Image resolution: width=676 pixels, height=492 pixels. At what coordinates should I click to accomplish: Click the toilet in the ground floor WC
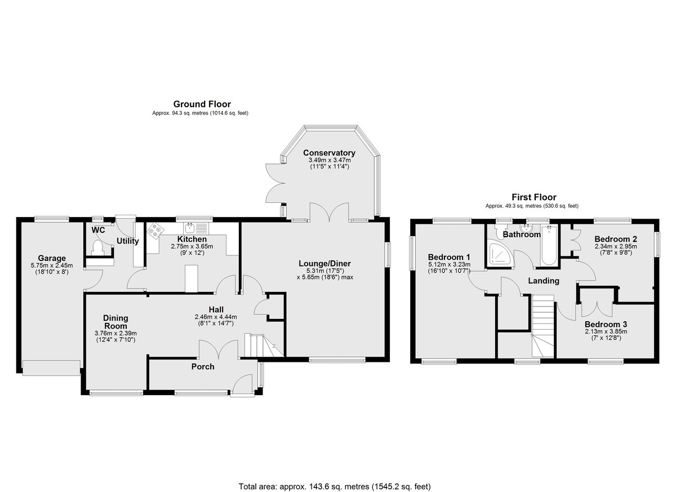pyautogui.click(x=97, y=247)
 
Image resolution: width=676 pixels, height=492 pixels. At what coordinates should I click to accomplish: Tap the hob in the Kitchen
pyautogui.click(x=155, y=231)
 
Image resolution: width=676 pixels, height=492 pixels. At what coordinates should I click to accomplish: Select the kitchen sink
pyautogui.click(x=196, y=228)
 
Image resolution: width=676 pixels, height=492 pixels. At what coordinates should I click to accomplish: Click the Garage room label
pyautogui.click(x=52, y=258)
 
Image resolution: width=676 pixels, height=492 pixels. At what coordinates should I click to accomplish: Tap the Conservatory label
pyautogui.click(x=329, y=153)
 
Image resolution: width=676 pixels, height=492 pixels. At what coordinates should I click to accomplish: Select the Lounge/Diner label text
pyautogui.click(x=324, y=264)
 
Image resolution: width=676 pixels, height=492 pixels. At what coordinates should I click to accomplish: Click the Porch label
pyautogui.click(x=203, y=367)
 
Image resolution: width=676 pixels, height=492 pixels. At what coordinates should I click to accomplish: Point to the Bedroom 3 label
pyautogui.click(x=606, y=325)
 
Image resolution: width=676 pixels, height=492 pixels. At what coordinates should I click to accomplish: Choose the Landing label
pyautogui.click(x=544, y=281)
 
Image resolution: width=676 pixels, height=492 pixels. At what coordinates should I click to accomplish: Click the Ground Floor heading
pyautogui.click(x=202, y=104)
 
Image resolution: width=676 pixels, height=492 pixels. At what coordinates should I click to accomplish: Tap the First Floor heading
pyautogui.click(x=534, y=197)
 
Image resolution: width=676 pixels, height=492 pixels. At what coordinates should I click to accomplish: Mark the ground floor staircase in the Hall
pyautogui.click(x=264, y=345)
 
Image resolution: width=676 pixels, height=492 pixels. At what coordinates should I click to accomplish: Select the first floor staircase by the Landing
pyautogui.click(x=543, y=326)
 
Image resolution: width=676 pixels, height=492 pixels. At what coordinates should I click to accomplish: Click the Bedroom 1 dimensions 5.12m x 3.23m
pyautogui.click(x=449, y=265)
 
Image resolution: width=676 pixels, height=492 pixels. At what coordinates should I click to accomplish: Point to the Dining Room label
pyautogui.click(x=115, y=322)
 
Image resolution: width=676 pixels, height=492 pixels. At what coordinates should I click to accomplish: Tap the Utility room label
pyautogui.click(x=128, y=241)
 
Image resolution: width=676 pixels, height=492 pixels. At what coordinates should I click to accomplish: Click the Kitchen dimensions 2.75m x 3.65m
pyautogui.click(x=192, y=246)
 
